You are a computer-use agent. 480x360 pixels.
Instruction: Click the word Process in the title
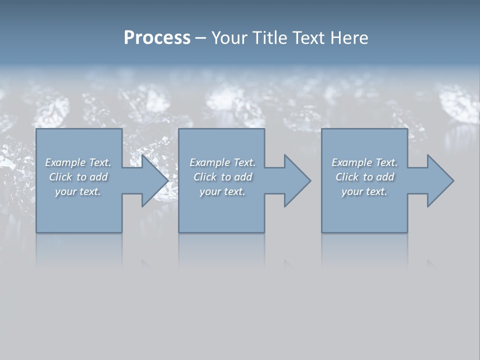(157, 38)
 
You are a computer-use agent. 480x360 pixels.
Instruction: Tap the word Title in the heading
(270, 38)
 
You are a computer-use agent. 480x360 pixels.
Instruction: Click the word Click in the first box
(60, 177)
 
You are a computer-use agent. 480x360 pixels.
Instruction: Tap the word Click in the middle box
(204, 177)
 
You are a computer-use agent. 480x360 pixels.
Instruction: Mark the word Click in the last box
(346, 177)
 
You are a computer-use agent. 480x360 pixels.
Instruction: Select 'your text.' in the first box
(78, 191)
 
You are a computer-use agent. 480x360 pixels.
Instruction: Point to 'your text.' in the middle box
(222, 191)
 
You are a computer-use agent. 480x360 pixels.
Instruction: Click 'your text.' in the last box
(364, 191)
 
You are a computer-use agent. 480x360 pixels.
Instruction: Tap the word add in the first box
(99, 177)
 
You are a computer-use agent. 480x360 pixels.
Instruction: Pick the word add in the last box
(385, 177)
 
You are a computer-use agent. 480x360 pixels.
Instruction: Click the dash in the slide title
(200, 38)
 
